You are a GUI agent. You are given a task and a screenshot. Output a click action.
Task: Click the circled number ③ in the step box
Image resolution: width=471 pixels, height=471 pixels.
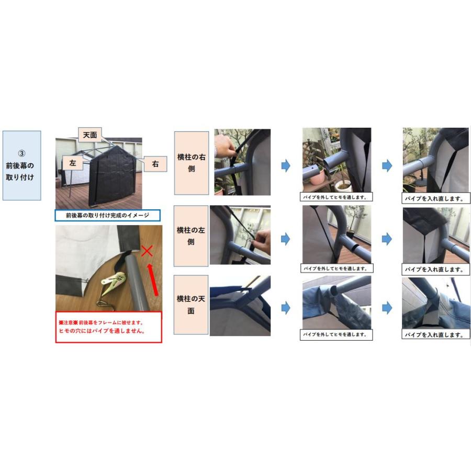pyautogui.click(x=21, y=154)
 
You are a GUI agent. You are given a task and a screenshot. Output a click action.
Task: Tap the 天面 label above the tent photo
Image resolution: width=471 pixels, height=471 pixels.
pyautogui.click(x=90, y=135)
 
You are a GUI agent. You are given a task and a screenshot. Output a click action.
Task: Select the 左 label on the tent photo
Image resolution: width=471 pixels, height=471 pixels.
pyautogui.click(x=73, y=163)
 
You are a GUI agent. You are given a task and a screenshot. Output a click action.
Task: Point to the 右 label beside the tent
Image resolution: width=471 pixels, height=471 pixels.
pyautogui.click(x=155, y=163)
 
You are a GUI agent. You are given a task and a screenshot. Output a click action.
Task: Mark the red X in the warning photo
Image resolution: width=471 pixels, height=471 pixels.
pyautogui.click(x=147, y=251)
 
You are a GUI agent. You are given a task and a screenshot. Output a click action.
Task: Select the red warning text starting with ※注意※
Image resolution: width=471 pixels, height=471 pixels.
pyautogui.click(x=108, y=327)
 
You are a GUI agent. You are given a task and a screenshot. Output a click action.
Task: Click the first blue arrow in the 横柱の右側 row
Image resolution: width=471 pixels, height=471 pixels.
pyautogui.click(x=285, y=166)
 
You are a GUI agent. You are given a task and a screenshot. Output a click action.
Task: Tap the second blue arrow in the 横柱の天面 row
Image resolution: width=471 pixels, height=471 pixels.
pyautogui.click(x=387, y=308)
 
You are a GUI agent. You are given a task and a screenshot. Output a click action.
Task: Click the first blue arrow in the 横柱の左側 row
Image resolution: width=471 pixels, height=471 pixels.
pyautogui.click(x=285, y=239)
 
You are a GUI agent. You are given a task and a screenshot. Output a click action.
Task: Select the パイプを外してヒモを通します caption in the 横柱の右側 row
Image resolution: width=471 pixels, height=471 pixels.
pyautogui.click(x=337, y=198)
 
